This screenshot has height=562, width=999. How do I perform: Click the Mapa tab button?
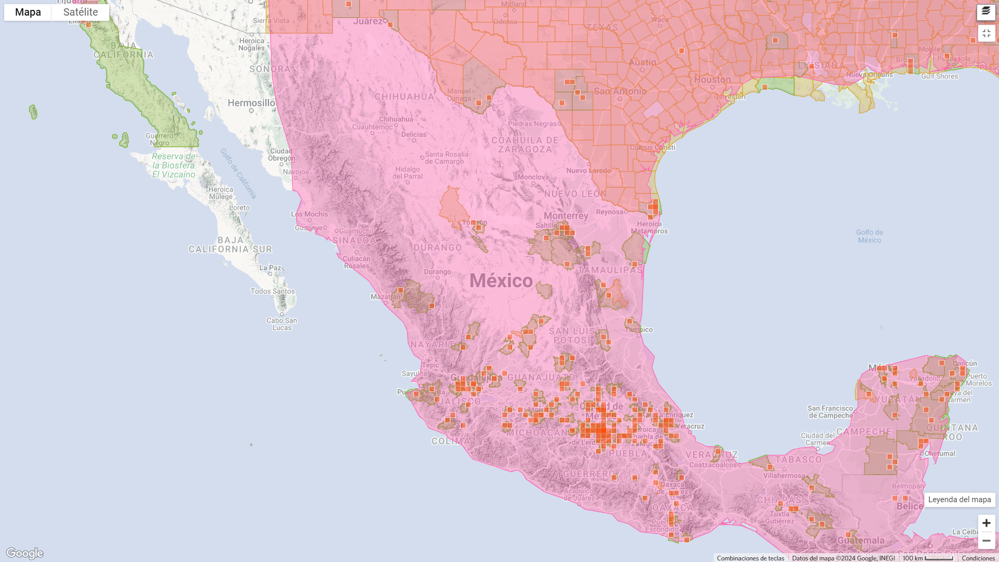pyautogui.click(x=28, y=12)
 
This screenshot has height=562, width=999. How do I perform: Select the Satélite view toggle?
pyautogui.click(x=81, y=12)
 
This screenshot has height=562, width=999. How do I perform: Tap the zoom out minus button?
pyautogui.click(x=986, y=541)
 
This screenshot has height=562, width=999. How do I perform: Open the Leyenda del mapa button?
pyautogui.click(x=959, y=500)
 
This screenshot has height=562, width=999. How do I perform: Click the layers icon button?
pyautogui.click(x=986, y=11)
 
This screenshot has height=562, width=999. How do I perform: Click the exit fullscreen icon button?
pyautogui.click(x=986, y=33)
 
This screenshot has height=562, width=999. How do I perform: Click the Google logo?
pyautogui.click(x=25, y=553)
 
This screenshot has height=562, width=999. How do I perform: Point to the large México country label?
pyautogui.click(x=501, y=281)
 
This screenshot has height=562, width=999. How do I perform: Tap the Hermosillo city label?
pyautogui.click(x=251, y=103)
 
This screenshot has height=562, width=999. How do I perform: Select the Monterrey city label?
pyautogui.click(x=566, y=216)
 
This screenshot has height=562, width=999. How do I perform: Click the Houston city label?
pyautogui.click(x=712, y=80)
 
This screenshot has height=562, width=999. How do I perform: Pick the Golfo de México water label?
pyautogui.click(x=869, y=236)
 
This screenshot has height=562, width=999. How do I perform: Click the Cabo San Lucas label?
pyautogui.click(x=282, y=324)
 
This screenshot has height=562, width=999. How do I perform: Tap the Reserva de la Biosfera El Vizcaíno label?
pyautogui.click(x=174, y=165)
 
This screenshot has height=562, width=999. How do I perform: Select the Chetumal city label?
pyautogui.click(x=940, y=454)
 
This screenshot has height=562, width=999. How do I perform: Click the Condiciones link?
pyautogui.click(x=978, y=558)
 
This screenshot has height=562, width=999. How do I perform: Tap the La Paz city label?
pyautogui.click(x=270, y=268)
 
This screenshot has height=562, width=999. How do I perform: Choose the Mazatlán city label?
pyautogui.click(x=386, y=297)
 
